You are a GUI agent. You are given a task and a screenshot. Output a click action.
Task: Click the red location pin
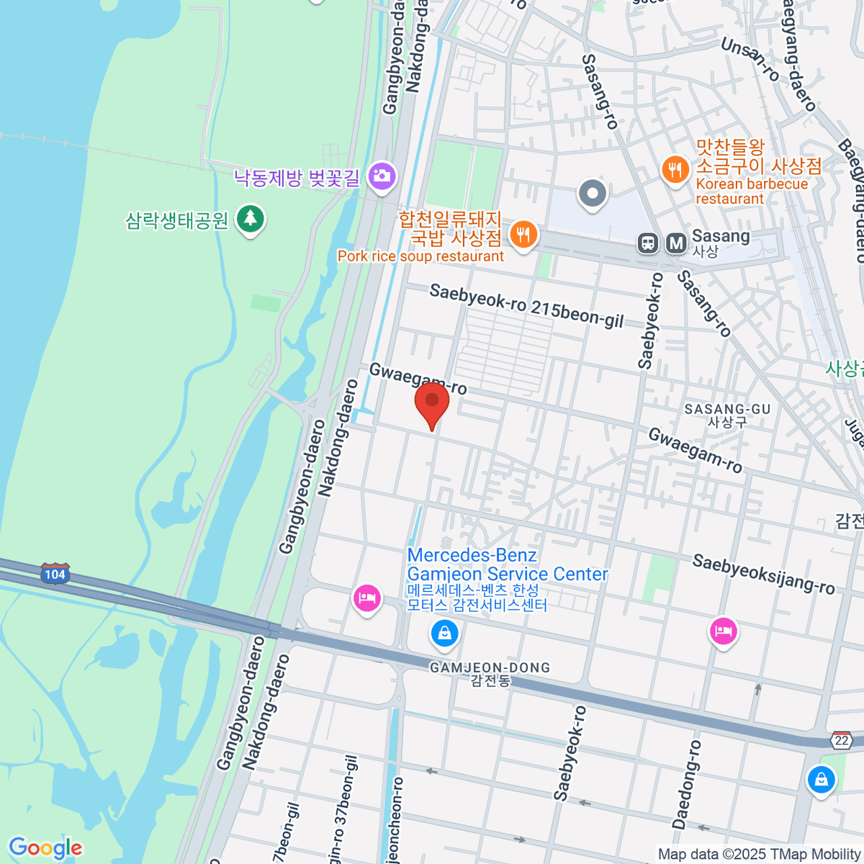(x=432, y=403)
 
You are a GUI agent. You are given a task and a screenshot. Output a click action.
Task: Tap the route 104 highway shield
(x=55, y=574)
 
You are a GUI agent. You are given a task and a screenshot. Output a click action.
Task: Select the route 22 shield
(x=842, y=740)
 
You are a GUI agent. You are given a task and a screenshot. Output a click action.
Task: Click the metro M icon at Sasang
(x=676, y=243)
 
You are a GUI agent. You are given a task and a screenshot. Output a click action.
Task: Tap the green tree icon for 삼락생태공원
(x=250, y=217)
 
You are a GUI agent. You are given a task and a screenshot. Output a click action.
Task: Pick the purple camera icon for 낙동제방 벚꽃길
(x=381, y=176)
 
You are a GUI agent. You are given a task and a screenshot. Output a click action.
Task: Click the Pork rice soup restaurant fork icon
(x=523, y=235)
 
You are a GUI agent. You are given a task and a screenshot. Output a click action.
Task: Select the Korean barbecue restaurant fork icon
(x=675, y=170)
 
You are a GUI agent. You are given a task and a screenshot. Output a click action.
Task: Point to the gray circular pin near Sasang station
(x=593, y=193)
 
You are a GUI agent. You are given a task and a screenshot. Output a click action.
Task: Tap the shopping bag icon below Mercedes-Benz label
(x=444, y=634)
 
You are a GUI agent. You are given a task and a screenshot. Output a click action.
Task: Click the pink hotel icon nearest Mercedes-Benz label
(x=367, y=598)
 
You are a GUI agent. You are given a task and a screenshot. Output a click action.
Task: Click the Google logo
(x=45, y=848)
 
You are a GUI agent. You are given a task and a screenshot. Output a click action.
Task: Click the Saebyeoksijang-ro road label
(x=763, y=574)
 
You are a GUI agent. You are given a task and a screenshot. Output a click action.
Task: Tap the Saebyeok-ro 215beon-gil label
(x=526, y=306)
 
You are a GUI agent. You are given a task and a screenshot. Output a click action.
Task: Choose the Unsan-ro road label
(x=750, y=58)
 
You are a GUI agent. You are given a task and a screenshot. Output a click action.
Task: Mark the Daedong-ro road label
(x=685, y=784)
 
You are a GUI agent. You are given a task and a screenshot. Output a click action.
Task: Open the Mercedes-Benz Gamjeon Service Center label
(x=507, y=565)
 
